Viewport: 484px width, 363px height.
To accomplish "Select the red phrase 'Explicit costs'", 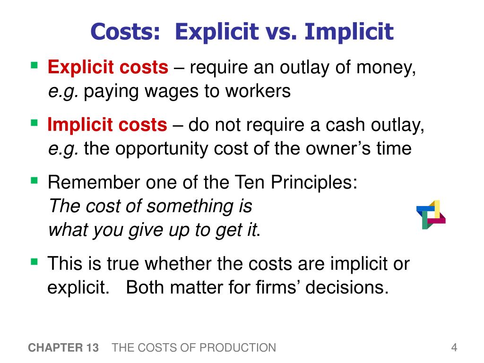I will click(x=108, y=69).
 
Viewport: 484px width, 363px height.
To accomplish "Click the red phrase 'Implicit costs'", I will click(x=107, y=126).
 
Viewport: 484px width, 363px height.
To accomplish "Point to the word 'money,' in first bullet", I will click(x=386, y=69).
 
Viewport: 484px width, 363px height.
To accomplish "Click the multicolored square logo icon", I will click(x=431, y=215).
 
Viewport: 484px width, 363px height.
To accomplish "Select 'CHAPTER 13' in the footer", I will click(x=63, y=348).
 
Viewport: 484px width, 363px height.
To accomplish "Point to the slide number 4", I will click(x=454, y=348).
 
